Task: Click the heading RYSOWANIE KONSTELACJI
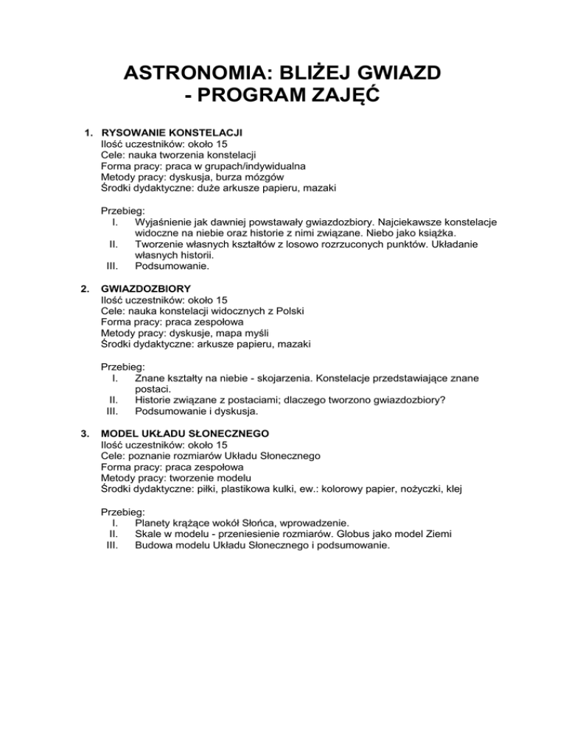tap(172, 133)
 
